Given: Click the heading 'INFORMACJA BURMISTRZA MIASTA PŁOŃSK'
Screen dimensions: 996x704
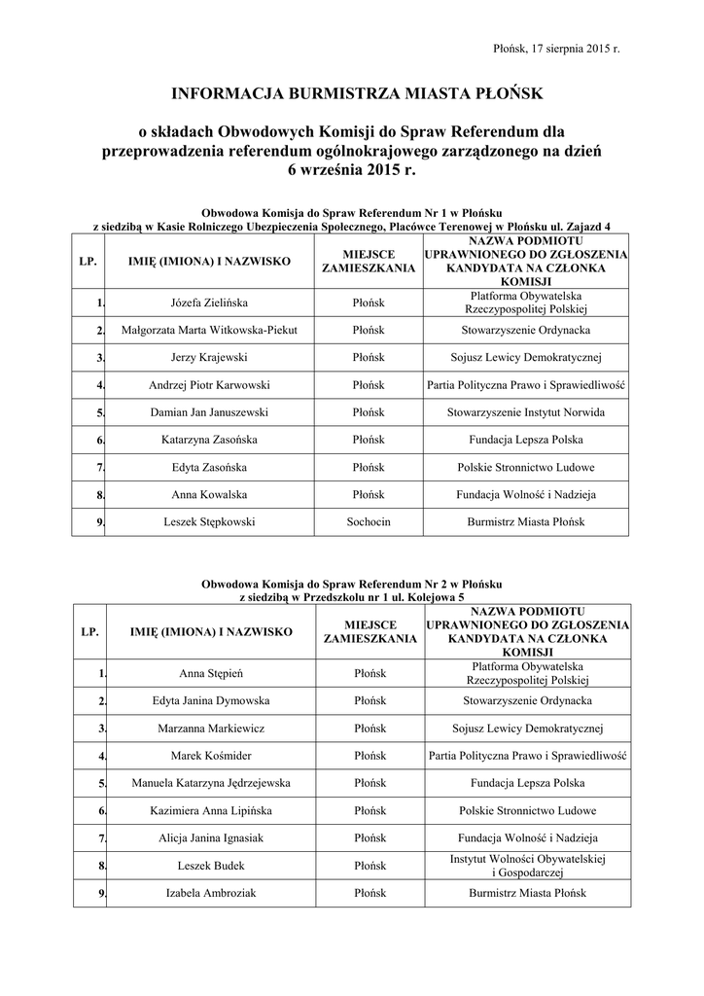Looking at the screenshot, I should [x=351, y=93].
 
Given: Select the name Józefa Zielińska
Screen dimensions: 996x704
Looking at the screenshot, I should [x=209, y=302].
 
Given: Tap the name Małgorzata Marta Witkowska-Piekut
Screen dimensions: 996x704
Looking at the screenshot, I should [x=209, y=331].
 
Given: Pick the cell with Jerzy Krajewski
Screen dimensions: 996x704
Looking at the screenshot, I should [x=209, y=358].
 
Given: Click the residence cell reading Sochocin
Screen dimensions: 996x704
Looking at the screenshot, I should [x=369, y=522].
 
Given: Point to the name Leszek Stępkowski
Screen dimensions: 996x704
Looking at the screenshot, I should [x=209, y=522].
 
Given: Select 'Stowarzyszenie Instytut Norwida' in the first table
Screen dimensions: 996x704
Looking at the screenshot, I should [x=525, y=412].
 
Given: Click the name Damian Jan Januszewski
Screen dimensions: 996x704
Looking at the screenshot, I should [x=209, y=412].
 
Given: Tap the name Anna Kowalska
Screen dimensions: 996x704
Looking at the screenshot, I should [x=209, y=495].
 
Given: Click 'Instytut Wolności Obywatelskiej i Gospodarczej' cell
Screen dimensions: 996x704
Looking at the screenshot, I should [x=527, y=865].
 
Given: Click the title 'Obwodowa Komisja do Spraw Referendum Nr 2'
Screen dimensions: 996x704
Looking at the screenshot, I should [x=351, y=584].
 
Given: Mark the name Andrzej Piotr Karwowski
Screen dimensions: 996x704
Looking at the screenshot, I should [x=209, y=385].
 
